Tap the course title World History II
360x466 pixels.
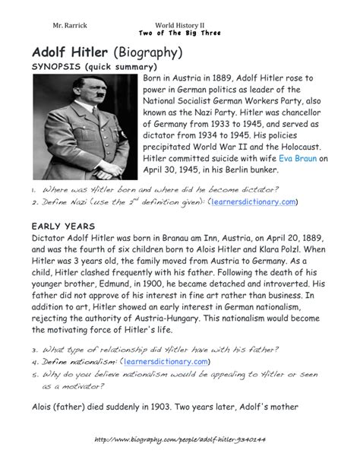(180, 25)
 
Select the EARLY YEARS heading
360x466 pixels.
(65, 227)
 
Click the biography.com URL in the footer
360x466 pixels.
(179, 440)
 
